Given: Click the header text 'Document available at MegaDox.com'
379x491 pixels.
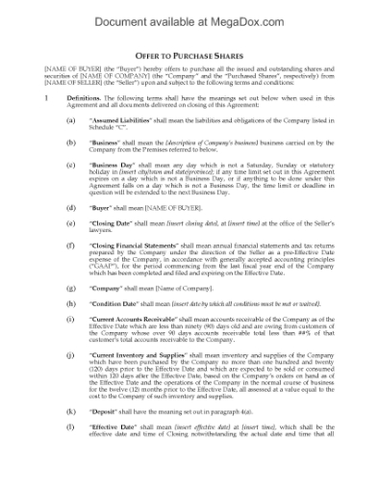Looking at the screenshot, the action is click(x=189, y=13).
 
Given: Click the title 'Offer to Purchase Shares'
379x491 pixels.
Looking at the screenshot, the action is click(x=189, y=56).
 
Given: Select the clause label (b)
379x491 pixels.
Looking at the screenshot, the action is click(x=71, y=142).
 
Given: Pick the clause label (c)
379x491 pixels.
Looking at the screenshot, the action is click(x=71, y=164).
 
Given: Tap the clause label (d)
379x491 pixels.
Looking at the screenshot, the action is click(x=71, y=207).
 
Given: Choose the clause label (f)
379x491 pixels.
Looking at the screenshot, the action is click(x=71, y=245).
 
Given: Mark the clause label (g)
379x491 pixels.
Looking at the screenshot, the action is click(x=71, y=288).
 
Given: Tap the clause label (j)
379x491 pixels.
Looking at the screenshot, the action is click(x=71, y=353).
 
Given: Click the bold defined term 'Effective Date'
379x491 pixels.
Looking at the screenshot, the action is click(x=118, y=426).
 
